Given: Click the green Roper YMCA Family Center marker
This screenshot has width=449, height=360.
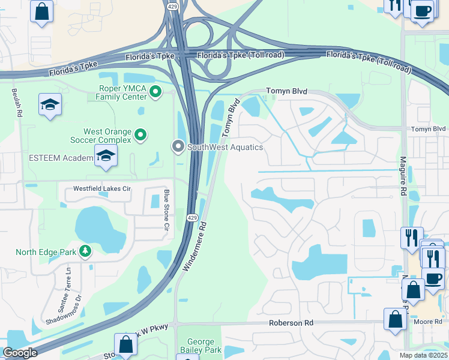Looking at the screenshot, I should click(x=155, y=92).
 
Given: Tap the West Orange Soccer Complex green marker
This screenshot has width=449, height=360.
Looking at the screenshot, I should click(x=140, y=136).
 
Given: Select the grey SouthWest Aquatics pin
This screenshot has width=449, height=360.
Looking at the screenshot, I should click(x=178, y=146).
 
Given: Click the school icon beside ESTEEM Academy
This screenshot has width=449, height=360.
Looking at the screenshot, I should click(x=106, y=157).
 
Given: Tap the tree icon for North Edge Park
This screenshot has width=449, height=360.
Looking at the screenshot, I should click(x=85, y=251).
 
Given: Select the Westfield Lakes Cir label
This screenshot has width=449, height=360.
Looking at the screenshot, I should click(x=101, y=188).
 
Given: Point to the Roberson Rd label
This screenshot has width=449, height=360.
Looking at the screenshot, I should click(x=292, y=323).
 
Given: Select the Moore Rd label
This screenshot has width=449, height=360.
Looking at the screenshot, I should click(x=427, y=322).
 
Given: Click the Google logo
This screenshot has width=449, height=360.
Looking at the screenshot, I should click(x=19, y=353).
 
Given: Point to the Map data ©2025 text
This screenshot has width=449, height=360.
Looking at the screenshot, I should click(x=423, y=355).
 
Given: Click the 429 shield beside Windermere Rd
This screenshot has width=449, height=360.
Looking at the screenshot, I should click(x=191, y=217).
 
